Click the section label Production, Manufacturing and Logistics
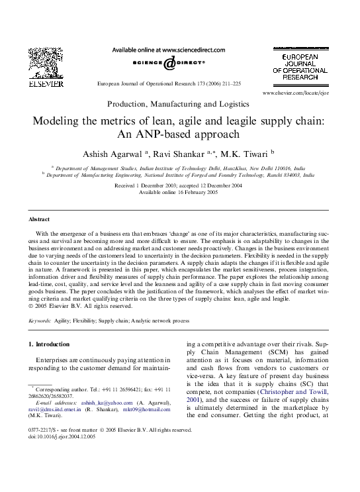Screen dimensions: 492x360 [x=178, y=104]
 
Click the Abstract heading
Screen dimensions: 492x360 [x=39, y=219]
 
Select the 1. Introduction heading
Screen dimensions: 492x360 [x=52, y=344]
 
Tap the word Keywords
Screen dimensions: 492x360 [x=39, y=320]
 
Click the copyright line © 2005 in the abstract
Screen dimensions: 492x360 [x=73, y=307]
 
